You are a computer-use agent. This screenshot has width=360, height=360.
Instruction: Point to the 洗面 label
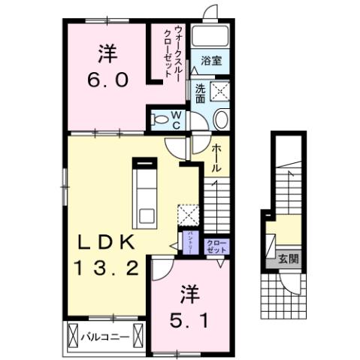pos(200,92)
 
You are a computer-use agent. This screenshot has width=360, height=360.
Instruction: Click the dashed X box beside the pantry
pos(189,214)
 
